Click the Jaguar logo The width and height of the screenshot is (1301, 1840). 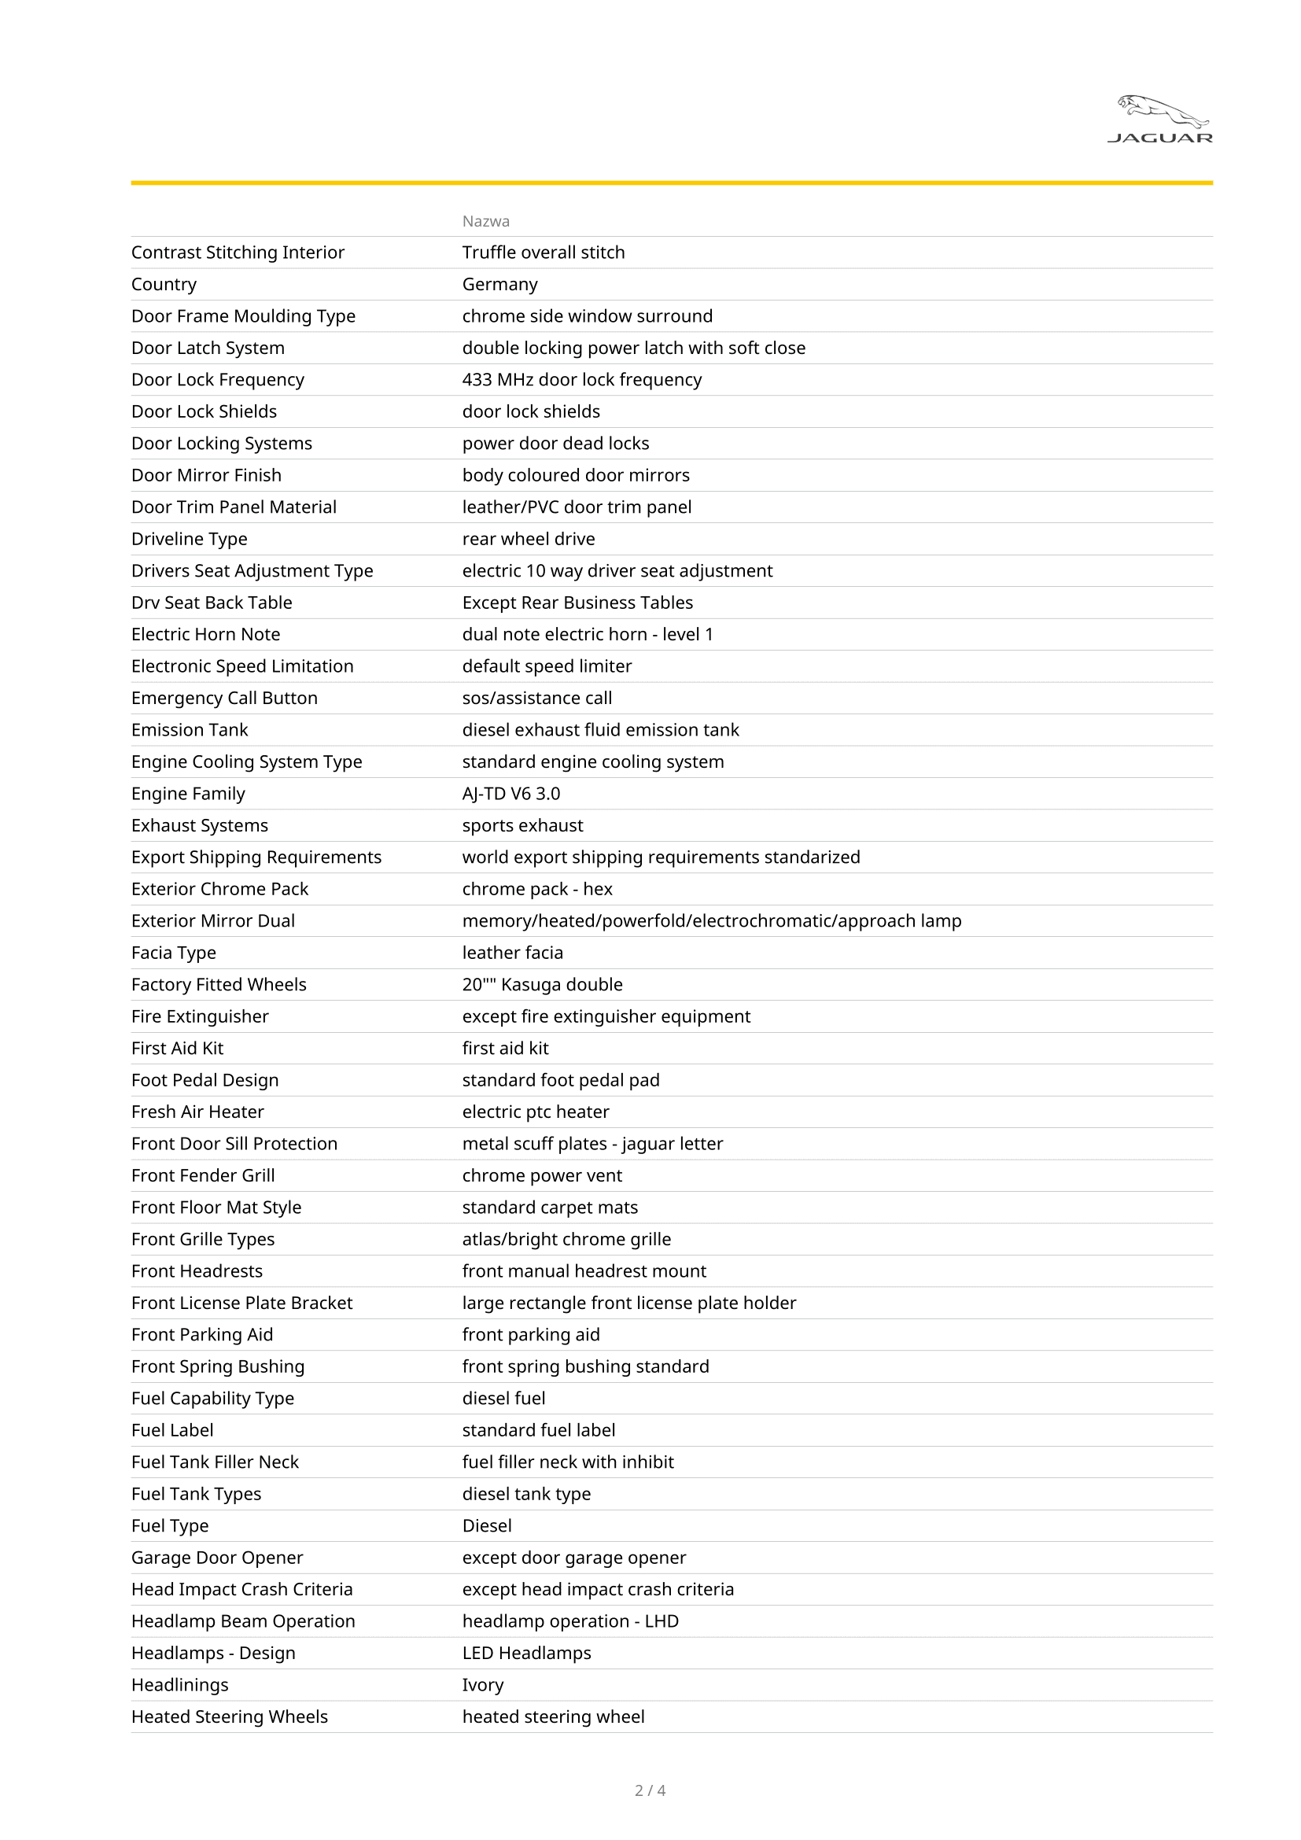coord(1160,120)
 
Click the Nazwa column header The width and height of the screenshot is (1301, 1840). coord(485,221)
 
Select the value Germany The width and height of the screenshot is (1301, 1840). coord(500,285)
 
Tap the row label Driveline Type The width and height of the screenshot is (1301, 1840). coord(189,540)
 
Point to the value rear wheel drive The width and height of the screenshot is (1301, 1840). coord(528,540)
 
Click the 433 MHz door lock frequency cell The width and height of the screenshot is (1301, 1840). coord(581,380)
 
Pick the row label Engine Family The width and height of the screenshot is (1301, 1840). coord(188,795)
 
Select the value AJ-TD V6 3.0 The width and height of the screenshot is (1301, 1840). coord(511,795)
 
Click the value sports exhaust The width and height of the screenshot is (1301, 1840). coord(522,825)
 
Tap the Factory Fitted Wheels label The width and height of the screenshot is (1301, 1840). coord(219,985)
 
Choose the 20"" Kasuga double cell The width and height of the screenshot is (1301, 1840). coord(543,985)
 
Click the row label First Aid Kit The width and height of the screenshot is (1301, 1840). coord(177,1048)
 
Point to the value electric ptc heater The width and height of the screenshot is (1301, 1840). coord(535,1112)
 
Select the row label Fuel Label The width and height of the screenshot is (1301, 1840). coord(172,1430)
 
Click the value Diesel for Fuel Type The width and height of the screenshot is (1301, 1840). coord(486,1526)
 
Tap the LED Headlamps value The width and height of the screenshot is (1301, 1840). coord(526,1654)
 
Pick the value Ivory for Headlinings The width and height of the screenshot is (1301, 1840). coord(482,1685)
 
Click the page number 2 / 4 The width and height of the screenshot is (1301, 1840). coord(650,1790)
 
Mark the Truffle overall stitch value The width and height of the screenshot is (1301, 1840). coord(544,253)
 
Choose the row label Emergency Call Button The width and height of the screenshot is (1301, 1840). coord(224,698)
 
